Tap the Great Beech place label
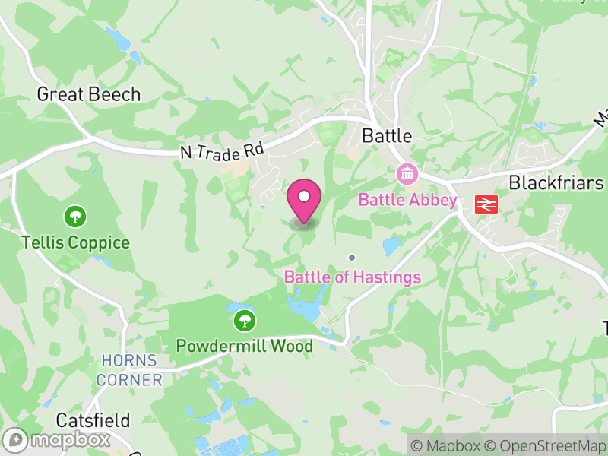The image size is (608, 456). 89,94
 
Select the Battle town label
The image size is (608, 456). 387,136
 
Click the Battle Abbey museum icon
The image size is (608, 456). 408,175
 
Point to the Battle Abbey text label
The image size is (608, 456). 407,201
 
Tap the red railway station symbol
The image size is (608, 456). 484,204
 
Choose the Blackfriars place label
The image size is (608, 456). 556,183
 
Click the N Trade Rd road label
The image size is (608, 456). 222,147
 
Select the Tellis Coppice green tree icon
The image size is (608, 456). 74,217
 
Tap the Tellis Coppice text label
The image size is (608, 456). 75,243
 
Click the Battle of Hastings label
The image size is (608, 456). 353,277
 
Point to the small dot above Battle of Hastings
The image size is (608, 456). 352,257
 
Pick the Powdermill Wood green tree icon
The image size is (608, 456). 244,320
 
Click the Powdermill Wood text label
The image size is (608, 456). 244,347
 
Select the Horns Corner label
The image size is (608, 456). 131,370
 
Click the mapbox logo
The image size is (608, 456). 58,439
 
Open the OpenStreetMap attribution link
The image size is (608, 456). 546,446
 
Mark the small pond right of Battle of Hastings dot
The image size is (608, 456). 392,246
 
